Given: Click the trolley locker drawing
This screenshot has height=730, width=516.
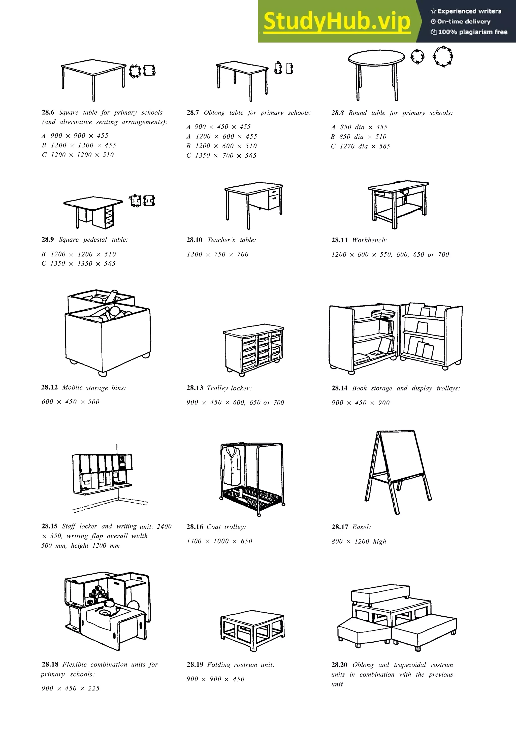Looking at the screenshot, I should (253, 350).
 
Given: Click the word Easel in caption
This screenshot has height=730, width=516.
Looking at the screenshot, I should (361, 527).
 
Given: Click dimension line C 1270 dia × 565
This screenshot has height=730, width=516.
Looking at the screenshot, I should (360, 146).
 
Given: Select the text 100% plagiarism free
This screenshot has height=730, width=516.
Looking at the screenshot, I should (472, 32).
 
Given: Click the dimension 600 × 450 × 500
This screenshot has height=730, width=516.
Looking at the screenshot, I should (71, 402).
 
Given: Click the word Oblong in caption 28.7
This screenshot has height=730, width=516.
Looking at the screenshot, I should (214, 113).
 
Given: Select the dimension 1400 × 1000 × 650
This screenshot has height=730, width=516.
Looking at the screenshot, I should (219, 541).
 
